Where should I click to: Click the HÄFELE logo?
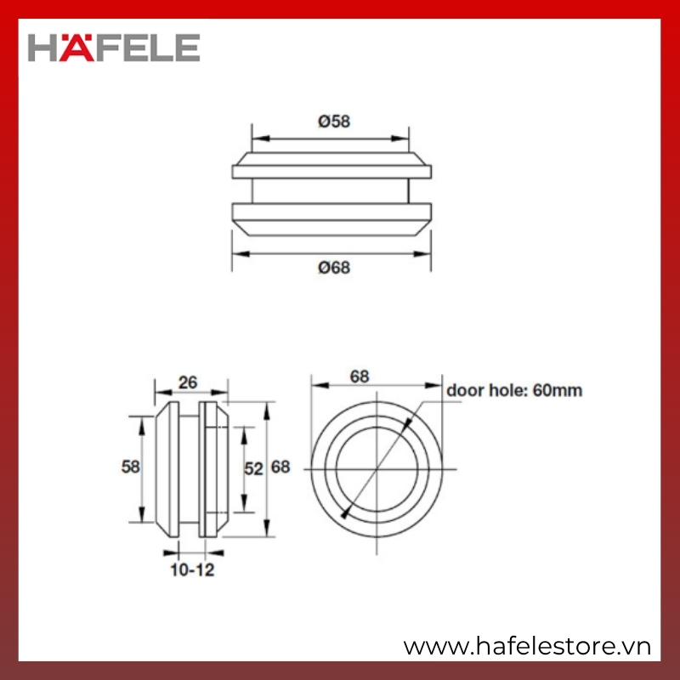pos(114,48)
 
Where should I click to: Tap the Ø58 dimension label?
pos(334,122)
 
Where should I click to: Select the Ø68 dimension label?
pos(334,268)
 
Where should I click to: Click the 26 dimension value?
pos(188,382)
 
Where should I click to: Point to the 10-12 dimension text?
pos(192,569)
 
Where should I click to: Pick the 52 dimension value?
pos(253,469)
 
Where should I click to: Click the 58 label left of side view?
pos(131,467)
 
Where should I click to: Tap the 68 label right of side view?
pos(280,467)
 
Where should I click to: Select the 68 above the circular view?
pos(360,377)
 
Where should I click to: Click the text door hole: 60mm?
pos(514,390)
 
